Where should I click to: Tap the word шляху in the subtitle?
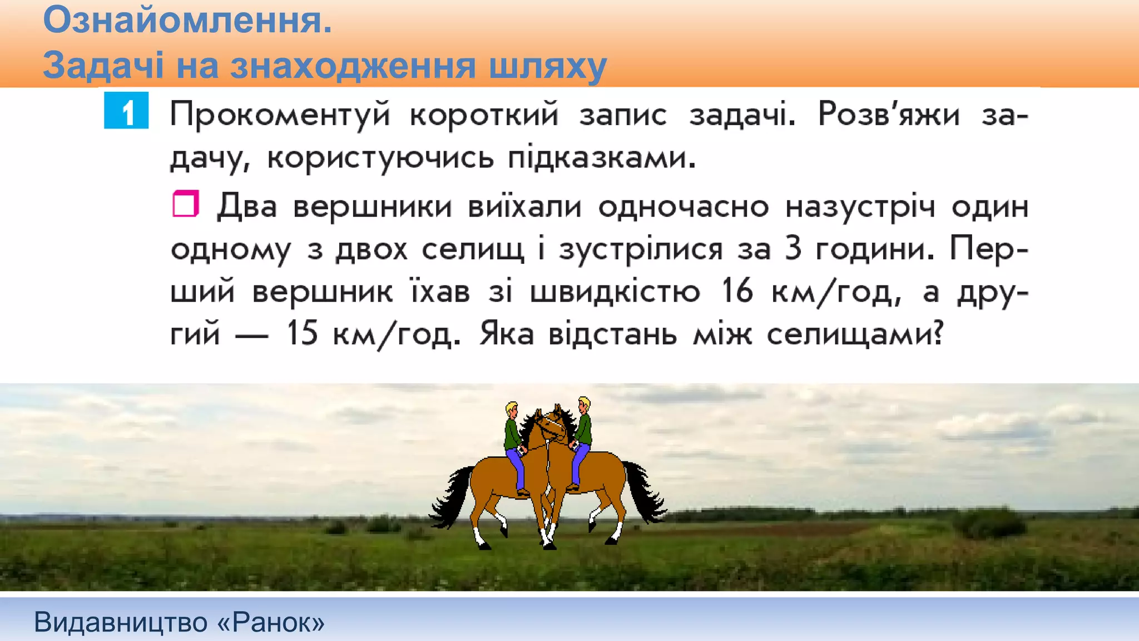click(547, 66)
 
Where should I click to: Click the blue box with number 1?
click(126, 110)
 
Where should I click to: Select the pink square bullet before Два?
click(185, 204)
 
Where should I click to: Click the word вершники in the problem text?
click(372, 207)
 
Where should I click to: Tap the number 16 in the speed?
click(737, 291)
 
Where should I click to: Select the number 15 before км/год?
click(301, 334)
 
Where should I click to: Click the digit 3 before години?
click(793, 249)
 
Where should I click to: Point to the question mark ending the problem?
click(938, 334)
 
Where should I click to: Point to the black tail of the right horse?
click(645, 492)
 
